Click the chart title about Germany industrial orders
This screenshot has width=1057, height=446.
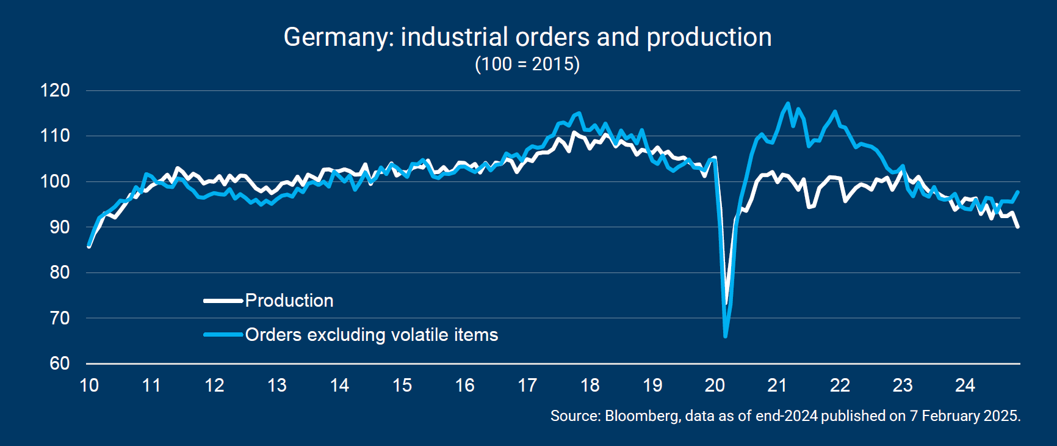point(527,37)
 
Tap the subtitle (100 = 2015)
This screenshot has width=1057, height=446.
point(527,64)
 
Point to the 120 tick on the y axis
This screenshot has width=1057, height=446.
point(56,90)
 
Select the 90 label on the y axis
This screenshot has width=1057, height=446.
point(59,227)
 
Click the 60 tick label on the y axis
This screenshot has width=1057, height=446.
point(59,364)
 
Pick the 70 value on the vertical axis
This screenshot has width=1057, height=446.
point(59,318)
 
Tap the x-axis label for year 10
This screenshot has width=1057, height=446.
point(89,386)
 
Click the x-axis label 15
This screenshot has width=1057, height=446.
point(402,386)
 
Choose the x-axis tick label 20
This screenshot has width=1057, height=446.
point(715,386)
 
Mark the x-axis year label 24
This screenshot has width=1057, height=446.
point(965,386)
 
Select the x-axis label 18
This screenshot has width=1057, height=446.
point(590,386)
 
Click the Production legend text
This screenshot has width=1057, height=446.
point(289,301)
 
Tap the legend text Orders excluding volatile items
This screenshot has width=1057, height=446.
point(372,335)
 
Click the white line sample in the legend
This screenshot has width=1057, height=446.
point(223,301)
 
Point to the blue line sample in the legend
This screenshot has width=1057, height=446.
point(223,335)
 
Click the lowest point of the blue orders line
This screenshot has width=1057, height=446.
point(725,336)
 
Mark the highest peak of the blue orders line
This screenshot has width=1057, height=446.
point(788,103)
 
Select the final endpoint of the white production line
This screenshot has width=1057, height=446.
point(1018,227)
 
